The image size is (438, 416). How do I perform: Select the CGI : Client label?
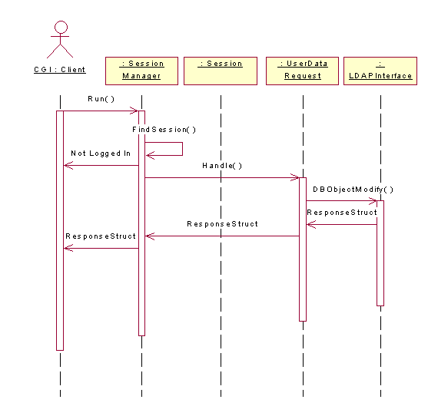tap(60, 70)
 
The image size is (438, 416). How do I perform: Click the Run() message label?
tap(101, 99)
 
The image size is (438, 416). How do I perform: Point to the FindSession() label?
tap(164, 130)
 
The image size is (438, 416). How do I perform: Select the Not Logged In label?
tap(101, 154)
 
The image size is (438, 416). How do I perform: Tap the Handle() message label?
tap(222, 166)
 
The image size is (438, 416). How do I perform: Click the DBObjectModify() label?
tap(353, 190)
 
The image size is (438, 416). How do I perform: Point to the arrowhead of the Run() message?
tap(138, 111)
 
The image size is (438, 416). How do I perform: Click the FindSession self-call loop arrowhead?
tap(147, 155)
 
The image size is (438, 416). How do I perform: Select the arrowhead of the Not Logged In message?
tap(65, 166)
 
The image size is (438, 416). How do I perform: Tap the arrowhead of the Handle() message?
tap(298, 177)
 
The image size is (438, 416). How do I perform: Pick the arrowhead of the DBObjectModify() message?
tap(376, 200)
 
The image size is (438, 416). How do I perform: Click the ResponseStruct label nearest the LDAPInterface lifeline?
tap(342, 213)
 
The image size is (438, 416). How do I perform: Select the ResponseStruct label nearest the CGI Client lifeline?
tap(101, 236)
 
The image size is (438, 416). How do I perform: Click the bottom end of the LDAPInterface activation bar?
tap(380, 305)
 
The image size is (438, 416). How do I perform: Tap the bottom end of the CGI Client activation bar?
tap(60, 350)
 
